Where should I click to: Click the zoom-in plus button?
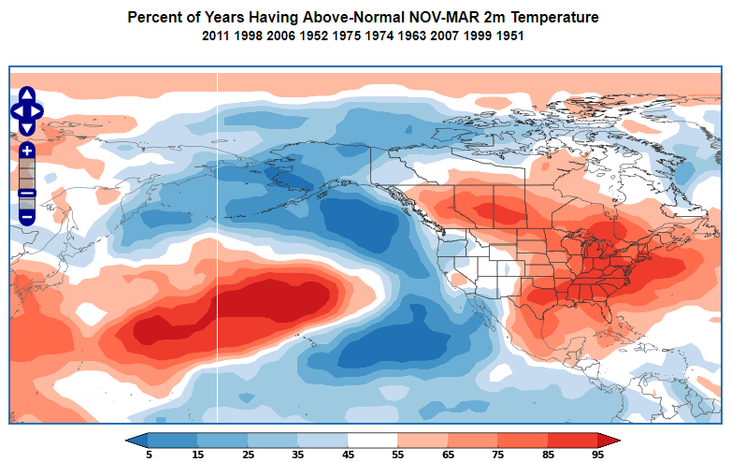pos(27,150)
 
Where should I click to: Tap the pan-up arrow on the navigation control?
pos(27,95)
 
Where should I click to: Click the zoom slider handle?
pos(27,193)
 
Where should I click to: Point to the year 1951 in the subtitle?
pos(508,36)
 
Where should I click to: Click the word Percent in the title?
pos(153,18)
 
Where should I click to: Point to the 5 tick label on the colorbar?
pos(149,455)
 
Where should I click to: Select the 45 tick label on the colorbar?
pos(348,455)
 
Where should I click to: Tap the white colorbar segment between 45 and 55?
pos(372,440)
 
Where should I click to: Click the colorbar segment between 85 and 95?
pos(571,440)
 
